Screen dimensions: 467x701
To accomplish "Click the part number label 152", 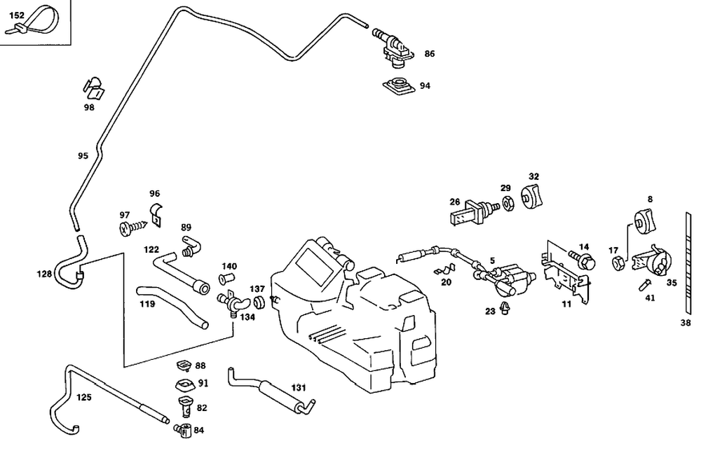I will click(x=17, y=14).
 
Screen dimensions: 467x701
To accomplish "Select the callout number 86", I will click(x=429, y=54).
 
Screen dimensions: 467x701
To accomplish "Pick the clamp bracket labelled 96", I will click(x=156, y=214).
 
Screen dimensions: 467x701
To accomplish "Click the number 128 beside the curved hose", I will click(x=45, y=274).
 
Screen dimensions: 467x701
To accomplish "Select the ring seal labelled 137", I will click(x=259, y=302).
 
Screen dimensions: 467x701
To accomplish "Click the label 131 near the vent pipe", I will click(x=299, y=387).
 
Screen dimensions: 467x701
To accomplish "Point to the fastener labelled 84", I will click(x=183, y=430).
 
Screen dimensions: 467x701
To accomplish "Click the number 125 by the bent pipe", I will click(x=83, y=398).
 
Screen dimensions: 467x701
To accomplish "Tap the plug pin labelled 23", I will click(x=507, y=309).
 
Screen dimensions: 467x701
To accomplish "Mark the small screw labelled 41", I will click(x=645, y=284).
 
